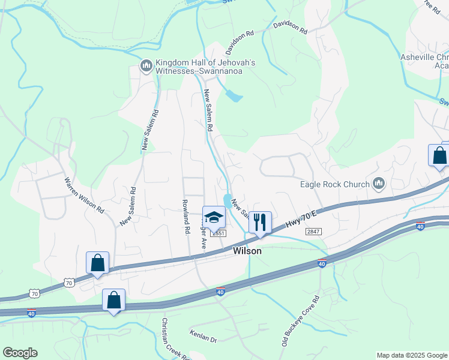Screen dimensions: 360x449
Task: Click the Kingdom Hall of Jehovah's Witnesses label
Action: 205,67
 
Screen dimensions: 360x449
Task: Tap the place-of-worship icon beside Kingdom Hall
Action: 146,65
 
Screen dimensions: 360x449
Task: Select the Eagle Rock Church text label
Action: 335,184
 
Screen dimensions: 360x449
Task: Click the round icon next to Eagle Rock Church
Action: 378,183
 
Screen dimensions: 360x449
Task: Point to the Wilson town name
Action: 247,251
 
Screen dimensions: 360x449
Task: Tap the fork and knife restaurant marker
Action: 260,223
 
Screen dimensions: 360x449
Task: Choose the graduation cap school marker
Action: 214,217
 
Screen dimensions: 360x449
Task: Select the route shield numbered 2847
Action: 313,232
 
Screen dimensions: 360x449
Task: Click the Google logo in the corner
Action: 20,353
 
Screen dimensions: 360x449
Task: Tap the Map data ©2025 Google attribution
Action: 412,355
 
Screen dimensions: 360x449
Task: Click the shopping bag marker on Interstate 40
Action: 113,301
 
